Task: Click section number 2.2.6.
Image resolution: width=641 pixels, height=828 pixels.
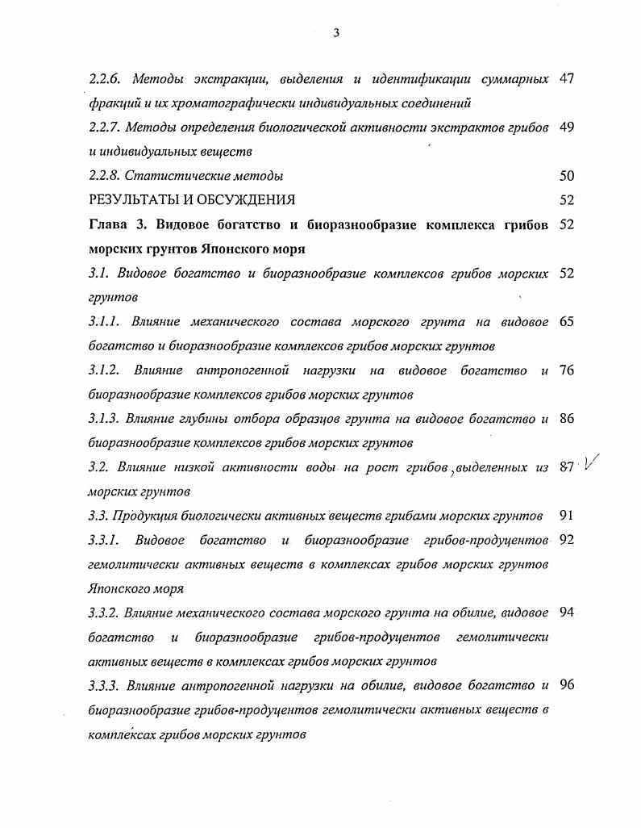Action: coord(104,79)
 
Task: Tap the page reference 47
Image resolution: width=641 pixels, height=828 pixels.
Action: coord(566,79)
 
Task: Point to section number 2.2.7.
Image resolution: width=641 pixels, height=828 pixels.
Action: coord(104,128)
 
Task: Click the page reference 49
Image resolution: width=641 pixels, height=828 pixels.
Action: coord(566,128)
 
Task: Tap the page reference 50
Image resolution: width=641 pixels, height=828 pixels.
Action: coord(566,176)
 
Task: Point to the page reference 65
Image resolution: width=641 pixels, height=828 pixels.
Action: coord(566,322)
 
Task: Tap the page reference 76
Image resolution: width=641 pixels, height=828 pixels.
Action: coord(566,370)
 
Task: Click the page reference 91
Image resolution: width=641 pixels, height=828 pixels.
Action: coord(566,516)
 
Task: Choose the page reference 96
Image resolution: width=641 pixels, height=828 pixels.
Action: coord(566,686)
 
